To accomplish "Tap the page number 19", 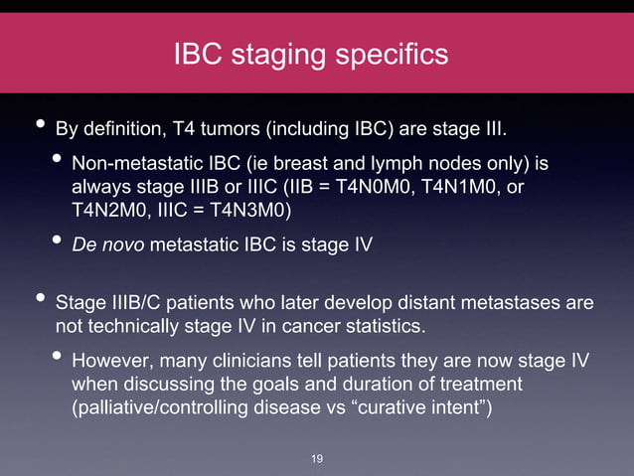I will pyautogui.click(x=317, y=458).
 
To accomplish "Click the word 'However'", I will pyautogui.click(x=110, y=360).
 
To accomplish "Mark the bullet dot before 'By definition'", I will pyautogui.click(x=39, y=126).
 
